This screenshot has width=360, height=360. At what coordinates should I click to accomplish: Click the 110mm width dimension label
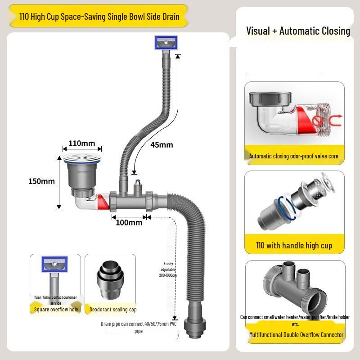81,144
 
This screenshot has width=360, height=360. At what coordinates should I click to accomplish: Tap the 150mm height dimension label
41,181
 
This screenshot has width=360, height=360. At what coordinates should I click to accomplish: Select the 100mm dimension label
129,222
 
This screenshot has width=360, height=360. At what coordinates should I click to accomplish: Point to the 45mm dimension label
162,145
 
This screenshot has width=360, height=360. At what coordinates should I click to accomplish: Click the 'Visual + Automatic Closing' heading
298,31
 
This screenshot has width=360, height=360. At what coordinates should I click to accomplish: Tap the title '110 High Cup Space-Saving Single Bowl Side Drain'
99,17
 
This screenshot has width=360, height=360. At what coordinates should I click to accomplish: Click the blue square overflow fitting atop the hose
166,43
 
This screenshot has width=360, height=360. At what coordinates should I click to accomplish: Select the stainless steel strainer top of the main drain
81,158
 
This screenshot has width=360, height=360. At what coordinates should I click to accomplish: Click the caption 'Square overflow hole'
56,310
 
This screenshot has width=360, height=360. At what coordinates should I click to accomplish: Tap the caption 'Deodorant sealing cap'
113,310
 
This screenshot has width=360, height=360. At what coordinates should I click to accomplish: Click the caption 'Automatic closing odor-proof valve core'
294,156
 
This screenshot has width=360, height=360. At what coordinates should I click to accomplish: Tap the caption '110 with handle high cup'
294,245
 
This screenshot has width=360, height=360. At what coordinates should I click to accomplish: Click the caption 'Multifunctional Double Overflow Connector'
297,334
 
